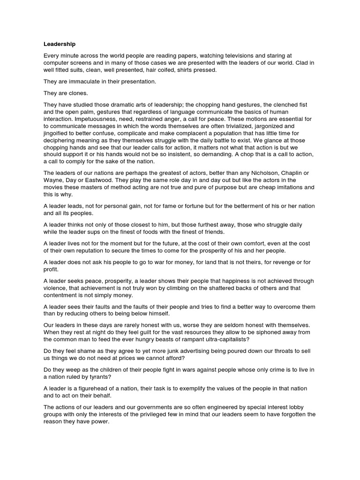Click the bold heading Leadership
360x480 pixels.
[60, 45]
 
